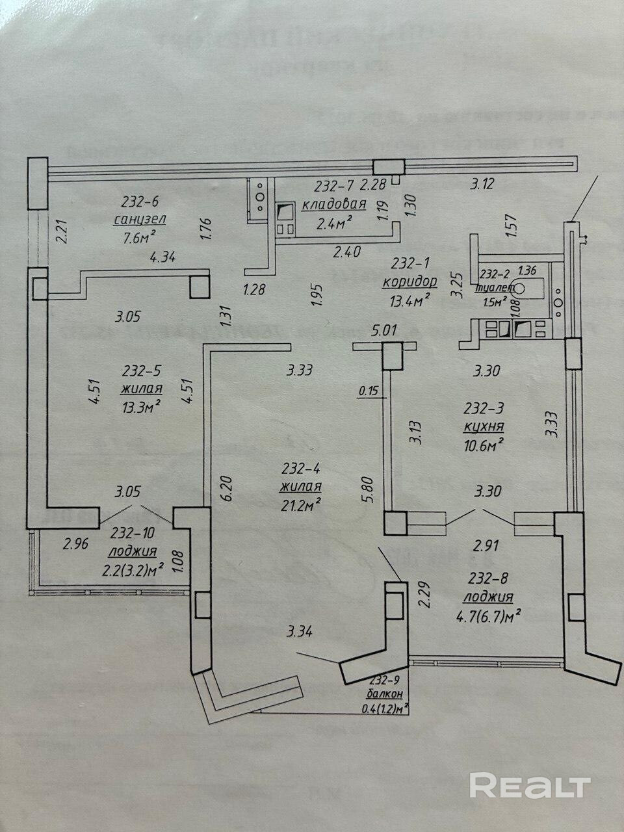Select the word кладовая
click(x=334, y=204)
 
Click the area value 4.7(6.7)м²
click(x=491, y=613)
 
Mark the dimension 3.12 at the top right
click(x=482, y=185)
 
